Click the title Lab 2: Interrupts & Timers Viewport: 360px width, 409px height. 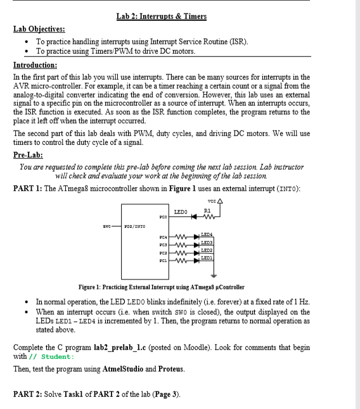(162, 16)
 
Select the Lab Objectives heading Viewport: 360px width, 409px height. (39, 29)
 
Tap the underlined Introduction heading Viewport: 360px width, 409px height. (35, 65)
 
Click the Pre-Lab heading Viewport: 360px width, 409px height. (28, 155)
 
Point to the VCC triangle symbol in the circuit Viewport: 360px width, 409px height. (220, 201)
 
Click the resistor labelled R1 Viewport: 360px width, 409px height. (209, 217)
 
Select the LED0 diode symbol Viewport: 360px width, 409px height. (194, 217)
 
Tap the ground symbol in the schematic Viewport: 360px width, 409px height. (214, 275)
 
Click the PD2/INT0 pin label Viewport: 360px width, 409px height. (135, 227)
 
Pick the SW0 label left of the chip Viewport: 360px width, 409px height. (106, 227)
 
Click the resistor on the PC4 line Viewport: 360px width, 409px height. (181, 237)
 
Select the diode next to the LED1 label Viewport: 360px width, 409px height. (196, 260)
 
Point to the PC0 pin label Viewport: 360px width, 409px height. (163, 217)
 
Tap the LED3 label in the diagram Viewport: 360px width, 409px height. (207, 242)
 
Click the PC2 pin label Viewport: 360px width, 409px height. (163, 253)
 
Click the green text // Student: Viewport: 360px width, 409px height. (52, 357)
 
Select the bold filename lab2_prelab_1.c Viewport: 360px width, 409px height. (120, 348)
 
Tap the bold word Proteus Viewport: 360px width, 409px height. (171, 369)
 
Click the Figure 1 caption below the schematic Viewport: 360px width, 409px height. (162, 287)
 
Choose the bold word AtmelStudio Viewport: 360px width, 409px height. (123, 369)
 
